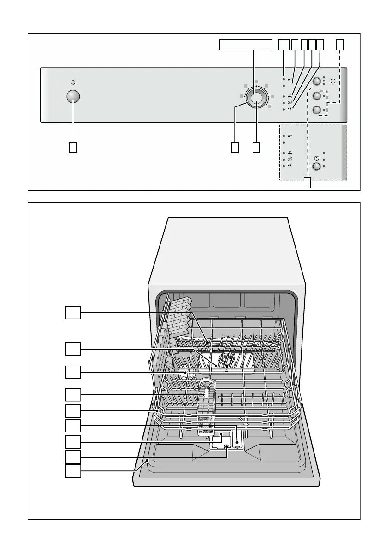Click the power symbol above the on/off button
coord(73,82)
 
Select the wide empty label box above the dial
coord(245,45)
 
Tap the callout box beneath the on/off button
coord(73,147)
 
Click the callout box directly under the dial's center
coord(257,147)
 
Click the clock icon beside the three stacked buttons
coord(333,81)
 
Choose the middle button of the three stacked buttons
coord(317,96)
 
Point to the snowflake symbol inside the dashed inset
coord(290,165)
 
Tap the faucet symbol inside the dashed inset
coord(290,153)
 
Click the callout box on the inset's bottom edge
coord(308,183)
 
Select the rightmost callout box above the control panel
coord(340,44)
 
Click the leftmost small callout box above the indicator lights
coord(283,44)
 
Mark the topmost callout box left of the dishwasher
coord(73,313)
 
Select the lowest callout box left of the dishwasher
coord(73,471)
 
